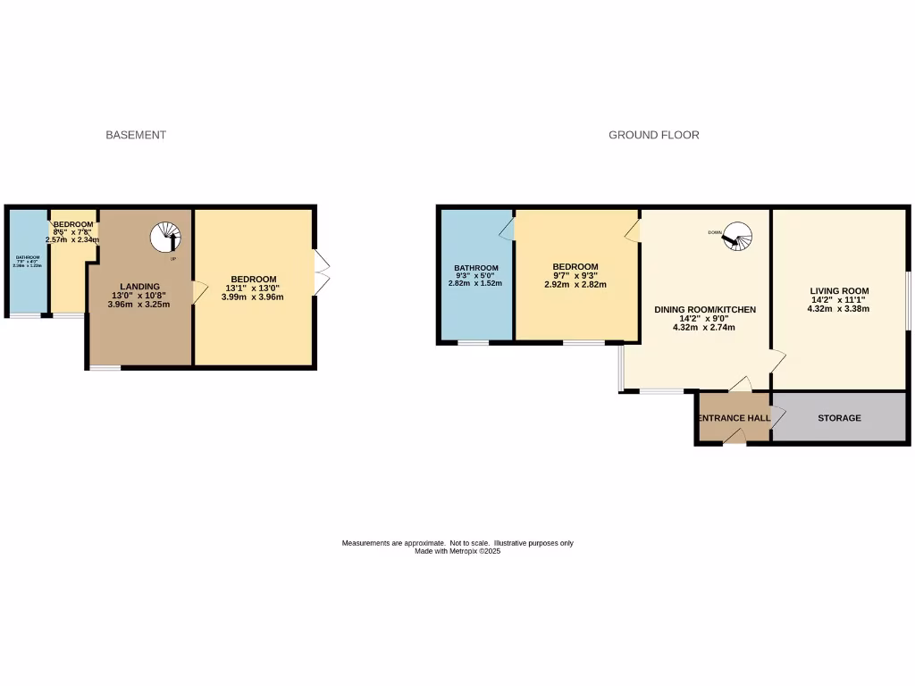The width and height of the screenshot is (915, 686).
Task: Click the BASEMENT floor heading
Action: [x=136, y=135]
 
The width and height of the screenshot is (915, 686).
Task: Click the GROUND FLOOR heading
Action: [x=653, y=135]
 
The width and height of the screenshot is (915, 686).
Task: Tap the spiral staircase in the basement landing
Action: [x=164, y=238]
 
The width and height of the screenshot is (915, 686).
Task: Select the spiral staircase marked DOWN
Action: [x=739, y=237]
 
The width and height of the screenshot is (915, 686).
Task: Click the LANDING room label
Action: [x=140, y=286]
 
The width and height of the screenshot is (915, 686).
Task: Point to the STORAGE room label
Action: [x=839, y=418]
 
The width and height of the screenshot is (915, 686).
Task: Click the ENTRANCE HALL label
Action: [x=734, y=418]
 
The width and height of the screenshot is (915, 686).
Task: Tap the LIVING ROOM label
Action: [x=839, y=291]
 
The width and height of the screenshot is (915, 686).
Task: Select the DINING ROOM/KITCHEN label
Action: [x=705, y=310]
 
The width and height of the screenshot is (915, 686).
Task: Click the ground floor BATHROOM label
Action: [x=475, y=268]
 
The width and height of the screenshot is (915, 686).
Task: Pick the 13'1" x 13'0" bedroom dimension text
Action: [x=253, y=289]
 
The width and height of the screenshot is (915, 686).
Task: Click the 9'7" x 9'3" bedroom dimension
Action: [x=575, y=276]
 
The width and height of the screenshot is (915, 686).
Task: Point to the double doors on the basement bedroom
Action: [x=323, y=272]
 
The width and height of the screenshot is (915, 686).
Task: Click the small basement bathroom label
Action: [x=27, y=259]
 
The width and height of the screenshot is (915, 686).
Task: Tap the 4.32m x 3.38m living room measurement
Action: [x=838, y=309]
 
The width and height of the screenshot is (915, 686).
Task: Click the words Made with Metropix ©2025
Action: [x=457, y=552]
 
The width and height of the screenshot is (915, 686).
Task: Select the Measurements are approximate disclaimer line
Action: [x=457, y=543]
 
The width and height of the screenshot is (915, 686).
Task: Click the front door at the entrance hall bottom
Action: [x=734, y=437]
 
